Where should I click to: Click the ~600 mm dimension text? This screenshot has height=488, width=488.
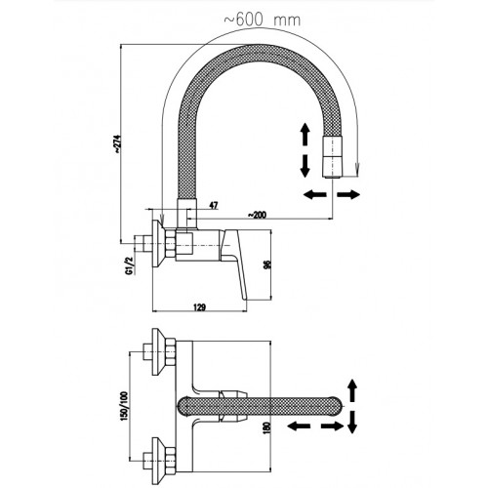pos(262,20)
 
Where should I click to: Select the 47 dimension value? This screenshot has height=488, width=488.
pos(214,205)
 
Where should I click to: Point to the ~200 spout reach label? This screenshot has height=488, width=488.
pos(257,215)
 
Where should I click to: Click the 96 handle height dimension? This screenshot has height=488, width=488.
pos(266,264)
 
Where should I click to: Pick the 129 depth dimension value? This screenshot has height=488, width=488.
pos(199,306)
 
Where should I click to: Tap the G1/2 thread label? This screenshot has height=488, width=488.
pos(130,265)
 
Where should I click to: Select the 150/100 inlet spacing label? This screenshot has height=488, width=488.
pos(124,406)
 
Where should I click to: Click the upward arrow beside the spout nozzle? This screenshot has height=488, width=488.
pos(305,134)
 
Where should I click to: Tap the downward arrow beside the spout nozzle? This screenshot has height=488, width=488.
pos(305,166)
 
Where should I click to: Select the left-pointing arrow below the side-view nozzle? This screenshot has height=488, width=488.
pos(314,195)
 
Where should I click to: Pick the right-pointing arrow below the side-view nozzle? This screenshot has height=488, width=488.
pos(348,195)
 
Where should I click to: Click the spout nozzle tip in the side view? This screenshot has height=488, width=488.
pos(332,157)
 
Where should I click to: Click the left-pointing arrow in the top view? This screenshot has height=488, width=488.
pos(300,426)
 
